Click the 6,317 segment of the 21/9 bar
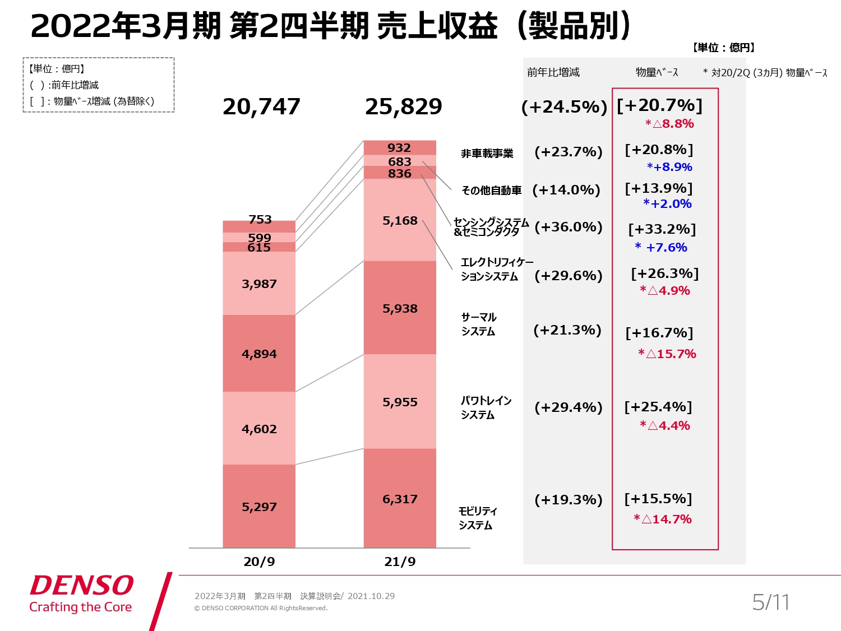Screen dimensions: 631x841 [400, 499]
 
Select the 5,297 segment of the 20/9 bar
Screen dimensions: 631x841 [259, 507]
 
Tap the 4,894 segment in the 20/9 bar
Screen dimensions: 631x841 [259, 354]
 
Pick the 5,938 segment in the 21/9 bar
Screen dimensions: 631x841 [400, 308]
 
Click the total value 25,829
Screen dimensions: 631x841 [403, 106]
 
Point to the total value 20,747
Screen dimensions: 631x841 [261, 106]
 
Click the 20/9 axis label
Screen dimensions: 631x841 [259, 562]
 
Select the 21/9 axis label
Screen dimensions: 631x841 [400, 562]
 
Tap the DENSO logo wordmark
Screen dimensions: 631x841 [82, 586]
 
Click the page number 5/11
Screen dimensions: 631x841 [770, 602]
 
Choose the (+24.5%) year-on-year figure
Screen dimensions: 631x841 [564, 106]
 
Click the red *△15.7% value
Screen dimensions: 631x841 [667, 354]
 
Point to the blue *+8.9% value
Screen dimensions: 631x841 [669, 167]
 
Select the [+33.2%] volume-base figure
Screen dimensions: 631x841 [662, 229]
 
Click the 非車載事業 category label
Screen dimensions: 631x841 [487, 154]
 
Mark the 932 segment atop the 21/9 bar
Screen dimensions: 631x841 [399, 147]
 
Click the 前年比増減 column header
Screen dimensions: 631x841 [553, 72]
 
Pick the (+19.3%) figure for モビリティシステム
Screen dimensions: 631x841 [568, 499]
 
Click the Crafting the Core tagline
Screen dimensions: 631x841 [81, 607]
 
